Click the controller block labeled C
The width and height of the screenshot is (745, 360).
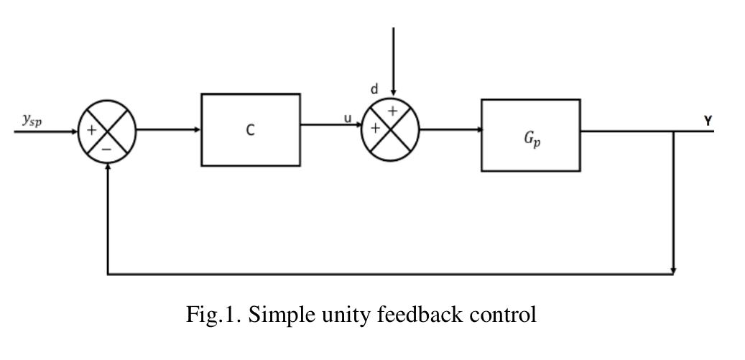click(x=250, y=130)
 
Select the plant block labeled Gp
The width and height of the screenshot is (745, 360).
click(x=530, y=135)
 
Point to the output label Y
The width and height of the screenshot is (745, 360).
click(x=708, y=121)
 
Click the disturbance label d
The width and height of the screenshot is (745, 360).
click(x=374, y=90)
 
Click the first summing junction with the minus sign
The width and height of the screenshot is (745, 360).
click(x=107, y=131)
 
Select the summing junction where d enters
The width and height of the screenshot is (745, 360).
click(x=390, y=129)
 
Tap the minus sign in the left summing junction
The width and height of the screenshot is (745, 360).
click(x=106, y=147)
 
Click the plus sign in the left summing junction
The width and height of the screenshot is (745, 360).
click(x=92, y=131)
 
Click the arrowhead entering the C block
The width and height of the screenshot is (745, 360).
click(x=197, y=131)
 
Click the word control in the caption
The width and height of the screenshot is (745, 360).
click(x=506, y=314)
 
